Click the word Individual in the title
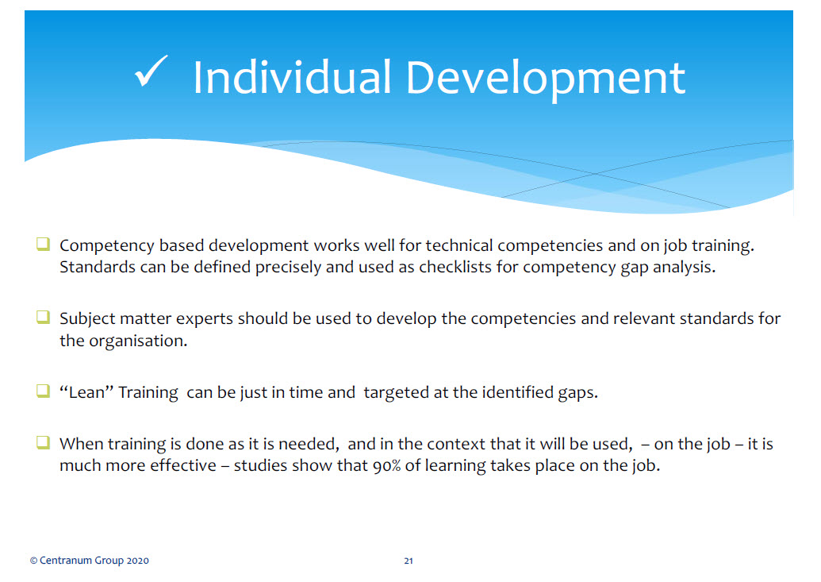click(292, 78)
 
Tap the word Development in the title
click(545, 79)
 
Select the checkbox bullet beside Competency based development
click(43, 244)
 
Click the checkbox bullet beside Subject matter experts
click(43, 317)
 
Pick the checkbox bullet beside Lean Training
click(43, 391)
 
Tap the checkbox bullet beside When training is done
click(43, 442)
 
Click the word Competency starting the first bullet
click(107, 246)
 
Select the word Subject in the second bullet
click(87, 319)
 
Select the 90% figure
click(386, 465)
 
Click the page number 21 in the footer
click(409, 561)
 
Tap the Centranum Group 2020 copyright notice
click(90, 561)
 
